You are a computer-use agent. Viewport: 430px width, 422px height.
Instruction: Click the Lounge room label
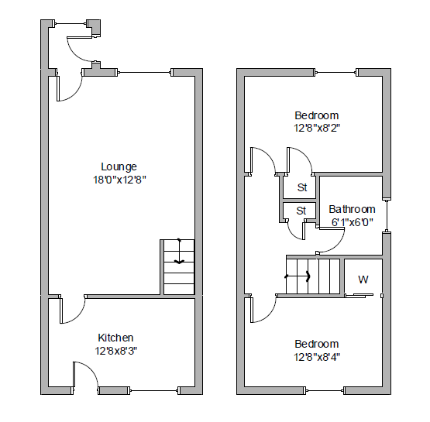click(x=119, y=167)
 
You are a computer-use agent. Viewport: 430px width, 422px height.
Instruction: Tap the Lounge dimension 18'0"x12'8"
click(x=119, y=180)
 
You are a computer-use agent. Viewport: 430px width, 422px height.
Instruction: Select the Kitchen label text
click(x=115, y=338)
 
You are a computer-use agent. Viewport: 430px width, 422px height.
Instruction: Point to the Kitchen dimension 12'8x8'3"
click(x=116, y=351)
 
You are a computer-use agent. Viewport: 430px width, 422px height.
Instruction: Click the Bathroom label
click(x=352, y=209)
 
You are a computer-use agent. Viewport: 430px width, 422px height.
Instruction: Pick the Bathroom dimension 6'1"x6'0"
click(x=353, y=222)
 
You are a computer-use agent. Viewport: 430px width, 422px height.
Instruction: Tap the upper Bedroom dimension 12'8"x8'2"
click(x=317, y=128)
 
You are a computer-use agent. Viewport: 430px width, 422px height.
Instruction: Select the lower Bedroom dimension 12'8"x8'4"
click(x=317, y=357)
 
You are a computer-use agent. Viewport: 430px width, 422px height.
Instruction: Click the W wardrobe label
click(x=363, y=280)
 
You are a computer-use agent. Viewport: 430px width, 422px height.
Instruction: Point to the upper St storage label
click(x=302, y=187)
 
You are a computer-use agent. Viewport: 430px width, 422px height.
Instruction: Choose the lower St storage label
click(x=301, y=211)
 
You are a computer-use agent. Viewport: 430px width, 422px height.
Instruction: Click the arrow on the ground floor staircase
click(x=179, y=251)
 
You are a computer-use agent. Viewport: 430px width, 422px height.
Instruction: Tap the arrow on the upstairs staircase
click(x=298, y=276)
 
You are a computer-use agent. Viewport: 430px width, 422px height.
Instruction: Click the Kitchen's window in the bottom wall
click(x=154, y=390)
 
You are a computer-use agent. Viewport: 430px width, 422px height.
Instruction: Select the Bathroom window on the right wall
click(x=387, y=216)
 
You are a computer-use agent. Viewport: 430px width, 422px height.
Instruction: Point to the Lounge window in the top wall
click(x=146, y=72)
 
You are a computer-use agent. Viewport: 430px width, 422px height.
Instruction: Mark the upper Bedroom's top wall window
click(x=336, y=72)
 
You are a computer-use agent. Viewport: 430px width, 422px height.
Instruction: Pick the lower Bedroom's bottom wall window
click(x=325, y=390)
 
